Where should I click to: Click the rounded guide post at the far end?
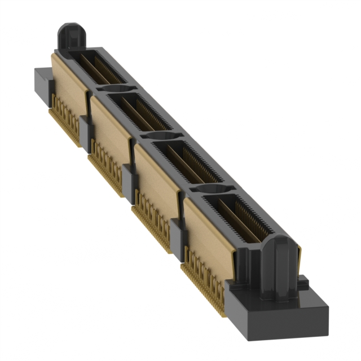[x=71, y=37]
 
